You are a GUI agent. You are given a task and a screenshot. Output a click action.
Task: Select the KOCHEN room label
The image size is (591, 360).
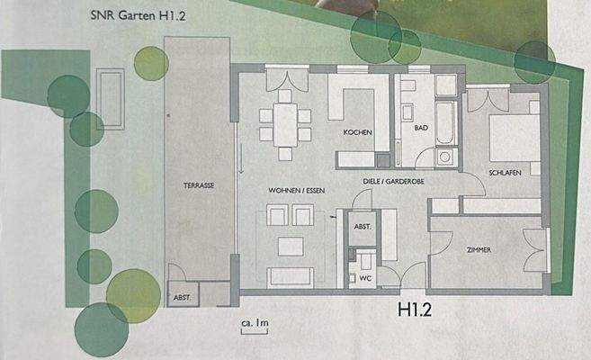tap(357, 133)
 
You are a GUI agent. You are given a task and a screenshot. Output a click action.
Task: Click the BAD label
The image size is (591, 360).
tap(420, 129)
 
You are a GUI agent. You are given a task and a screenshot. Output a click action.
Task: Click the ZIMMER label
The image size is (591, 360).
tap(479, 250)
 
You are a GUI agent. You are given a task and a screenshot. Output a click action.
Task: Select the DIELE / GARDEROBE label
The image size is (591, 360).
tap(395, 180)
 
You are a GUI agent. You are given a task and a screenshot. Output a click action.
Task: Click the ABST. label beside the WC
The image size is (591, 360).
tap(363, 227)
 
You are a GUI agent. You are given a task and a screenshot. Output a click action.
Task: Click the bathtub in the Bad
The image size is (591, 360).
tap(445, 123)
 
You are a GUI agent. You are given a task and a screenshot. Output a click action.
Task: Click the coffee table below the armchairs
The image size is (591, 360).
tap(290, 245)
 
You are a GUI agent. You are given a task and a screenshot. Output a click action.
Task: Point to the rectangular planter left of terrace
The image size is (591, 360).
tap(110, 97)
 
